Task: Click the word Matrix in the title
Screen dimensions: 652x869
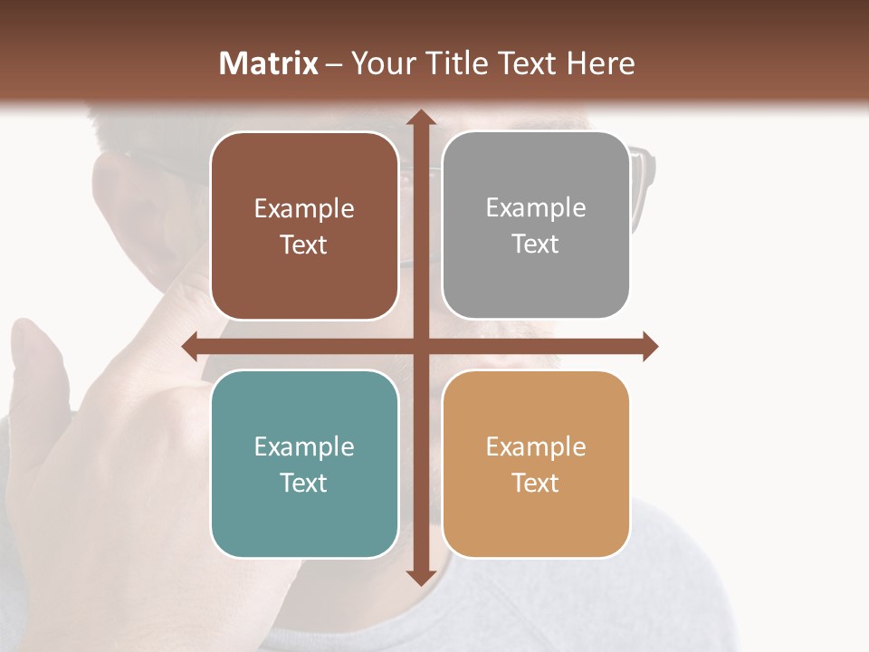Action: (x=269, y=63)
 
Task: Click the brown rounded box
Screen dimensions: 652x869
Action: (x=304, y=226)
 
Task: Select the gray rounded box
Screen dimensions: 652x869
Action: (x=536, y=226)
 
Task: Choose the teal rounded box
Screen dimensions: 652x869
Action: (x=304, y=464)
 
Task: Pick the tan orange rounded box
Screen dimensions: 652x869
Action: (x=536, y=464)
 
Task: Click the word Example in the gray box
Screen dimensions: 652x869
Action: (x=536, y=208)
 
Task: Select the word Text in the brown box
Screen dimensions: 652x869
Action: (x=304, y=245)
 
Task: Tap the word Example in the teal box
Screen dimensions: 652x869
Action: (x=304, y=446)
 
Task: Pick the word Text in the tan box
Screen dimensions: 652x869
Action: (x=536, y=483)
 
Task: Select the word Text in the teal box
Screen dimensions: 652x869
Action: (x=304, y=483)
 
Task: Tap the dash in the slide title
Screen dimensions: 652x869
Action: (x=333, y=63)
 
